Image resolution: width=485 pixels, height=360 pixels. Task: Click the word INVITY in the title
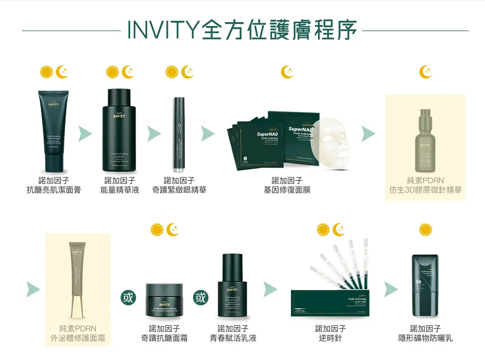(x=162, y=30)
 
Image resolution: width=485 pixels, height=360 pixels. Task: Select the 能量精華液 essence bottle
(x=119, y=131)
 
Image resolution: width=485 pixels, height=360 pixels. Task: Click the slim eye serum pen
(x=179, y=135)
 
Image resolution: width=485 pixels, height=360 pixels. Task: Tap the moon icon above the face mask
(x=287, y=71)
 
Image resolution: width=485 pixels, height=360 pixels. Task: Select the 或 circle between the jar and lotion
(x=200, y=298)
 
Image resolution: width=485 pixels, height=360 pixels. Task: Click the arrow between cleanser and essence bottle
(x=85, y=133)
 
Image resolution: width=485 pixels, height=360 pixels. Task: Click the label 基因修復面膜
(x=287, y=190)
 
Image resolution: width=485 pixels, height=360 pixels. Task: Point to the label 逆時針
(x=330, y=338)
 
